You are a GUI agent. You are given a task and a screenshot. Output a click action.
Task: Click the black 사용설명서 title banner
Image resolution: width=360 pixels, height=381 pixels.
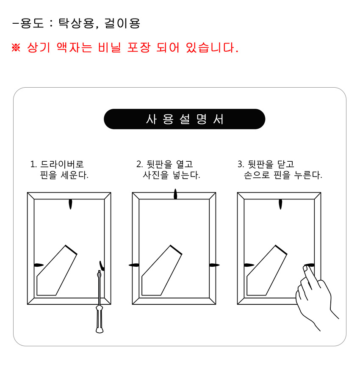pyautogui.click(x=184, y=119)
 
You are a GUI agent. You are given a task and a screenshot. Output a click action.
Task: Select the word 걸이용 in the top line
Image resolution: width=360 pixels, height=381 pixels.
pyautogui.click(x=122, y=23)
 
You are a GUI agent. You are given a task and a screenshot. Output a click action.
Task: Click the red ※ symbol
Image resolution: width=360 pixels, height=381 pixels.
pyautogui.click(x=16, y=47)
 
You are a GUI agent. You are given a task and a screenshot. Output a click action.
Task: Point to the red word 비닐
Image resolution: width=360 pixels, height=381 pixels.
pyautogui.click(x=110, y=47)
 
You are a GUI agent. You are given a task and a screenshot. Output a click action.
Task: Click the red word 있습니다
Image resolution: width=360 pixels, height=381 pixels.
pyautogui.click(x=212, y=47)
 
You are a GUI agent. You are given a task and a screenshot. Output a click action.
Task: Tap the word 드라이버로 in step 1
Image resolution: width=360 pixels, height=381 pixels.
pyautogui.click(x=62, y=164)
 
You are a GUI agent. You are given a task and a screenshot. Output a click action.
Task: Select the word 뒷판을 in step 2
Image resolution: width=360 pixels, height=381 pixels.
pyautogui.click(x=159, y=164)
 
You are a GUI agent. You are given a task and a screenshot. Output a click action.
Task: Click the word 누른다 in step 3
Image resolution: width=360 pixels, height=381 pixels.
pyautogui.click(x=308, y=175)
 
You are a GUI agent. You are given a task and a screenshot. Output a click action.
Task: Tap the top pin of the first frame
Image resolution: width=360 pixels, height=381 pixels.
pyautogui.click(x=70, y=204)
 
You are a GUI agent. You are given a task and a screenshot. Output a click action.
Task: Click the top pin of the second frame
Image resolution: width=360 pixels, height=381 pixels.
pyautogui.click(x=175, y=194)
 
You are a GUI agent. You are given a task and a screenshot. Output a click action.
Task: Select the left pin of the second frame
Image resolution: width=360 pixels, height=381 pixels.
pyautogui.click(x=134, y=265)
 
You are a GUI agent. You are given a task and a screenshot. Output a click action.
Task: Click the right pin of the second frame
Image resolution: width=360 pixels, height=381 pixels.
pyautogui.click(x=214, y=265)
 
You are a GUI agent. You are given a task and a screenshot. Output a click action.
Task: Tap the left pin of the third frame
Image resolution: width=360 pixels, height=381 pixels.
pyautogui.click(x=249, y=265)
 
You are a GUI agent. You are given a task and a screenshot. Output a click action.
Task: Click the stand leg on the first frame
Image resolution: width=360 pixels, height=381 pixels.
pyautogui.click(x=57, y=271)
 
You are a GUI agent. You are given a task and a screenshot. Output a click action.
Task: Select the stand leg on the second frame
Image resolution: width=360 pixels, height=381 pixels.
pyautogui.click(x=162, y=271)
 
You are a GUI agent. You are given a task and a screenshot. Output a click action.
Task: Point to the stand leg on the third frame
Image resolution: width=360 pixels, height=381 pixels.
pyautogui.click(x=267, y=271)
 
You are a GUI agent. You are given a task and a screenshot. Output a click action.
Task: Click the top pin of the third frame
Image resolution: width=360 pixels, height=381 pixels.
pyautogui.click(x=280, y=204)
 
